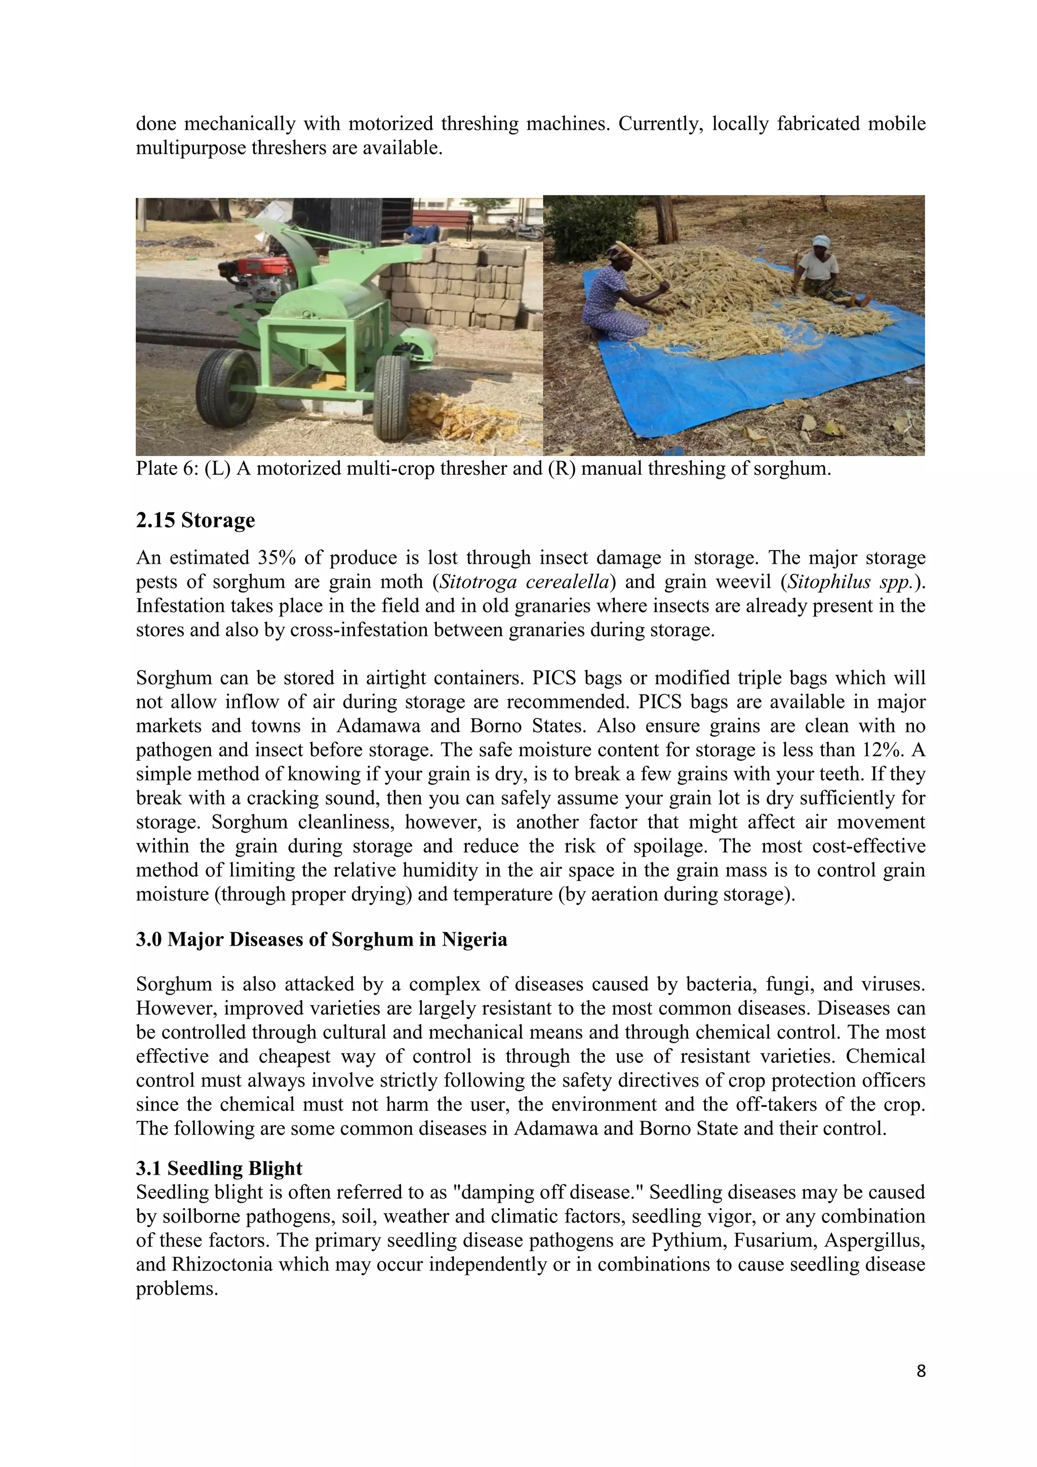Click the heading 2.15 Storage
195,520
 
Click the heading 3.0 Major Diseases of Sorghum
321,940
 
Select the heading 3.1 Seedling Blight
218,1168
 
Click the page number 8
920,1371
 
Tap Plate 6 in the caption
167,469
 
